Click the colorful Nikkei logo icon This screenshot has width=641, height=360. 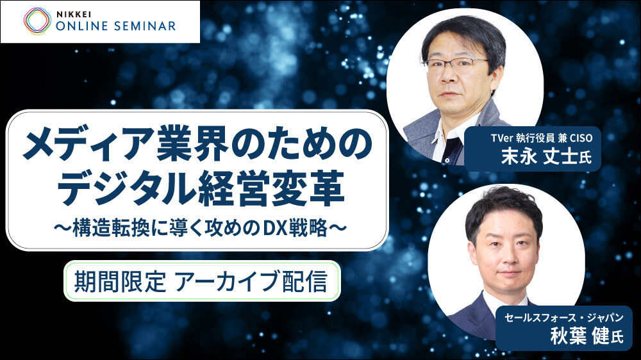tap(38, 21)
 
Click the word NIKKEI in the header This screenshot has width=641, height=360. tap(74, 13)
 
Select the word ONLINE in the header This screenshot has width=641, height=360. tap(82, 26)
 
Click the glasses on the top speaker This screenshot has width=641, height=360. tap(455, 64)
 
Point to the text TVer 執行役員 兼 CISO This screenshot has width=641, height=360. tap(542, 138)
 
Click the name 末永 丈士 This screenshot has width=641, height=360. tap(539, 156)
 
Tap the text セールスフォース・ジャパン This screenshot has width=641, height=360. tap(563, 318)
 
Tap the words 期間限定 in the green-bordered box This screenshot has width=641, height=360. tap(120, 281)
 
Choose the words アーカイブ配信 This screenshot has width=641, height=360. tap(251, 281)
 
